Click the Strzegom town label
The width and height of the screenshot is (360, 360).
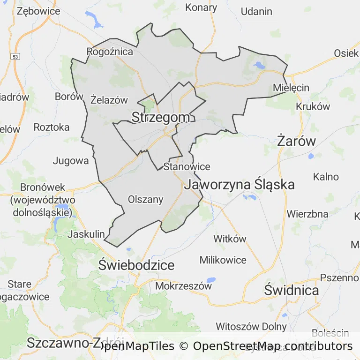tap(161, 117)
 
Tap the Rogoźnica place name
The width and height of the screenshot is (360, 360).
tap(110, 52)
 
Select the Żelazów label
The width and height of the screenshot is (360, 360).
tap(109, 99)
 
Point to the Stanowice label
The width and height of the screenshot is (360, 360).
tap(187, 166)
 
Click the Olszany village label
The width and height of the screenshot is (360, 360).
tap(146, 200)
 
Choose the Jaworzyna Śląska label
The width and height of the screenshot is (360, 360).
tap(240, 184)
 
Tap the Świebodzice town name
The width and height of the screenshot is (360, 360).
tap(136, 265)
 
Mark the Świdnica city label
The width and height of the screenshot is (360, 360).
tap(292, 290)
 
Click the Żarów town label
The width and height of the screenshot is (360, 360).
tap(296, 141)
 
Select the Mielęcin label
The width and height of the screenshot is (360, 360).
tap(291, 88)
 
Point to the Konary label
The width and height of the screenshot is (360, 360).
tap(201, 7)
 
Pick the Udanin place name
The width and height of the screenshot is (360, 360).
tap(256, 11)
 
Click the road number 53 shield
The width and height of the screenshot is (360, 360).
tap(16, 56)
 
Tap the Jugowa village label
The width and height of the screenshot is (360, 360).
tap(71, 161)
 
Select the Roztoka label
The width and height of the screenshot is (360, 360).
tap(52, 127)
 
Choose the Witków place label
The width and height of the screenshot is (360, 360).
tap(230, 239)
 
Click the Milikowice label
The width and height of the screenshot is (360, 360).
tap(223, 260)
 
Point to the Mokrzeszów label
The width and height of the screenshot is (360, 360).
tap(183, 285)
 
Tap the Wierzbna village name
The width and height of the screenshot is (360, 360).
tap(307, 214)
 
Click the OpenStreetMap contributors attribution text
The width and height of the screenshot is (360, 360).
tap(272, 346)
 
